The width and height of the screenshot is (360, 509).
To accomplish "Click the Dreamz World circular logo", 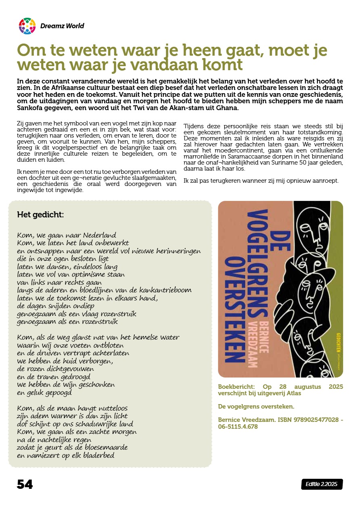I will [27, 26].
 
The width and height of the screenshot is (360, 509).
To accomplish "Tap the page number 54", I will [25, 484].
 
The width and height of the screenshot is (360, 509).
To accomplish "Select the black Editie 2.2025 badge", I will [322, 484].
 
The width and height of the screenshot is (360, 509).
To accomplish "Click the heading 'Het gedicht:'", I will [40, 215].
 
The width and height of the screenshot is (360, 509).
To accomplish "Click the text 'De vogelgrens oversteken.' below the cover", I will [256, 406].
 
